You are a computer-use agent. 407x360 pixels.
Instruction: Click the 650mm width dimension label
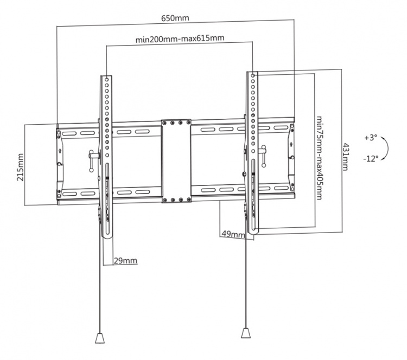coord(175,18)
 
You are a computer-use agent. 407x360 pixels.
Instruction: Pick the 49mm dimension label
coord(233,234)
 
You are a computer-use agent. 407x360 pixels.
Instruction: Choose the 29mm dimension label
coord(125,261)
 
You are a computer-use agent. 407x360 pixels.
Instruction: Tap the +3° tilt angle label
coord(371,138)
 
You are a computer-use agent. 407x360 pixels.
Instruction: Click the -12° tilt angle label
coord(371,159)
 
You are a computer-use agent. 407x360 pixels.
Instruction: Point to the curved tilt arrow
coord(386,149)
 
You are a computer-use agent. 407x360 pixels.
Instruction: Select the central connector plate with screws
coord(176,161)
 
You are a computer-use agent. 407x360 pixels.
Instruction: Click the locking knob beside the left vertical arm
coord(93,158)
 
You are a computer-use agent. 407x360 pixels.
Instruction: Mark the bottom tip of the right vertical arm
coord(253,234)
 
